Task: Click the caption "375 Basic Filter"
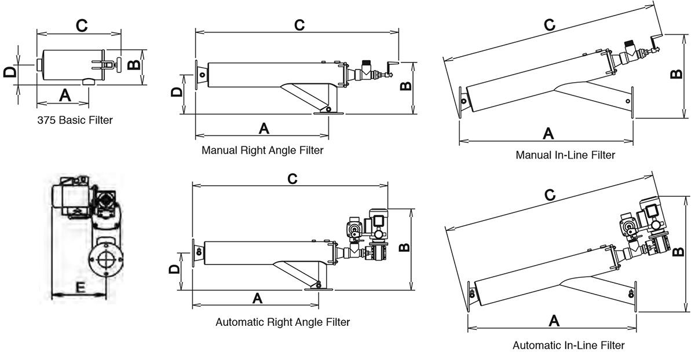coord(75,120)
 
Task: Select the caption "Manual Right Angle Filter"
coord(262,150)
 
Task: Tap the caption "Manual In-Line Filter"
coord(565,155)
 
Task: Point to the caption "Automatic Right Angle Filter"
coord(283,322)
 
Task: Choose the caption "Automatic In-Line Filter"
coord(568,346)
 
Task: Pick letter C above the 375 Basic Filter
coord(82,24)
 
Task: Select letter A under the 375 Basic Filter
coord(65,95)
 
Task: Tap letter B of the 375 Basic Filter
coord(134,64)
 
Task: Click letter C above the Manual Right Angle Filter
coord(299,25)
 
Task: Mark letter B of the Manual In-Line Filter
coord(675,74)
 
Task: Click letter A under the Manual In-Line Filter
coord(548,133)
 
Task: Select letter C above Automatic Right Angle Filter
coord(292,178)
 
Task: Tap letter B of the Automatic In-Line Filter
coord(677,252)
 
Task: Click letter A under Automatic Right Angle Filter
coord(258,297)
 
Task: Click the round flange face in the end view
coord(106,260)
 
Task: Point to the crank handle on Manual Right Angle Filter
coord(392,68)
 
